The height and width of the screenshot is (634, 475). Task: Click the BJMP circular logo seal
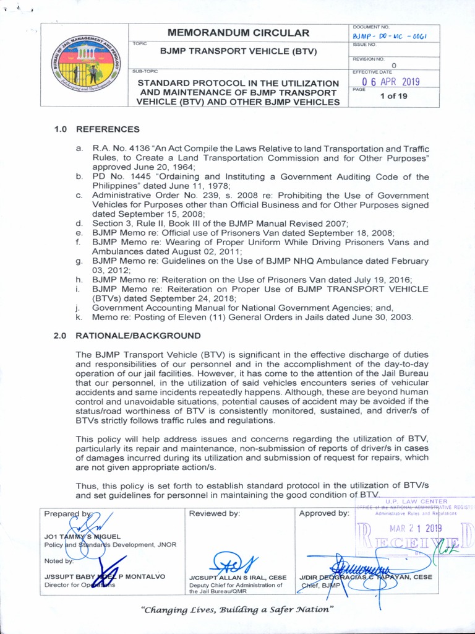(x=86, y=65)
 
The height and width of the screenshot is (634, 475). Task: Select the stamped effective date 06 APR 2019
(x=390, y=81)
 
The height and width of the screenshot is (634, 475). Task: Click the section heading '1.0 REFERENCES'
(x=96, y=129)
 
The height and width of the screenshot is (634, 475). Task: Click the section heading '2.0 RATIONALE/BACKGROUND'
(x=127, y=336)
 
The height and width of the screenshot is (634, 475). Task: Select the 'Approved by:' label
(x=324, y=513)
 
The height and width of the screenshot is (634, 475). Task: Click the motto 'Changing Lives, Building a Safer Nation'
(x=238, y=610)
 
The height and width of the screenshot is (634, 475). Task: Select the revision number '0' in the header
(x=394, y=65)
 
